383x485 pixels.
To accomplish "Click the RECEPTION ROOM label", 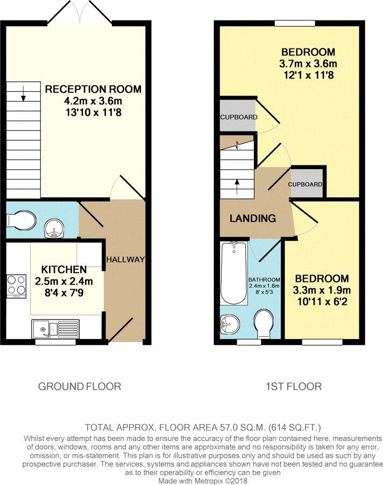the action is coord(93,89).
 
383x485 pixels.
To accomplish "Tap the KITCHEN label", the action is coord(64,269).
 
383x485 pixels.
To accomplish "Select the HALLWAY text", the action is coord(125,260).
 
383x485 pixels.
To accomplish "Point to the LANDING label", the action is coord(253,218).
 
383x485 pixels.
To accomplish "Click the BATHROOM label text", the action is coord(264,280).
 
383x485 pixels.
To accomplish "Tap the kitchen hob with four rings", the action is coord(17,286).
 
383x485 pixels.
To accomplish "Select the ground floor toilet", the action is coord(21,220).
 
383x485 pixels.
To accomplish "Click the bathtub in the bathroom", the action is coord(234,273).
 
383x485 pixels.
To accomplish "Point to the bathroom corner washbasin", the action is coord(229,324).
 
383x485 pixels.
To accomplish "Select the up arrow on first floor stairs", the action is coord(237,186).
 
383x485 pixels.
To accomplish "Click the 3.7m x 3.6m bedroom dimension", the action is coord(308,64).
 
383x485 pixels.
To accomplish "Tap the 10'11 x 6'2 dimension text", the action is coord(322,301).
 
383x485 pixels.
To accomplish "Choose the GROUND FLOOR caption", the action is coord(80,386).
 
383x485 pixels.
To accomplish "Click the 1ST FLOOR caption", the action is coord(293,386).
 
